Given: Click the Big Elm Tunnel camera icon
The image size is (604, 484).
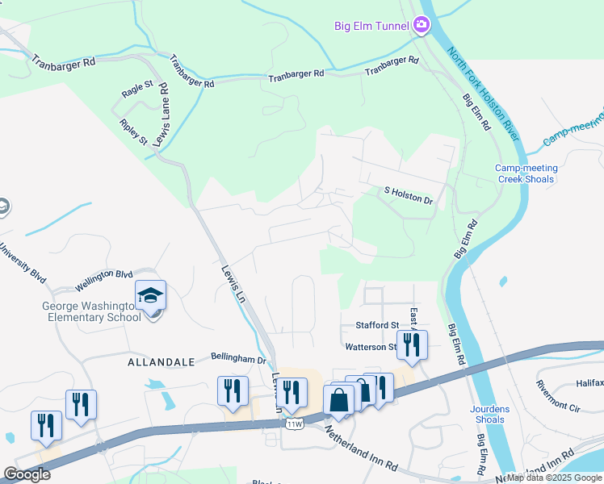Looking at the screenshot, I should pyautogui.click(x=421, y=26).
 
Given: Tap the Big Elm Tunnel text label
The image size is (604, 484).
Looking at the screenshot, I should pyautogui.click(x=372, y=26).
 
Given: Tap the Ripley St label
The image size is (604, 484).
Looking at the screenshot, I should pyautogui.click(x=133, y=132).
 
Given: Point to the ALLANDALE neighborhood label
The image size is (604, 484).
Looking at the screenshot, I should pyautogui.click(x=161, y=363).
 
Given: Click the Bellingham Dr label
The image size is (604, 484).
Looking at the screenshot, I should pyautogui.click(x=238, y=358).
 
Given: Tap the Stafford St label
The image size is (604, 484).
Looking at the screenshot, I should pyautogui.click(x=378, y=325).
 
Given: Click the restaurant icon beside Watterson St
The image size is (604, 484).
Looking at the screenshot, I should pyautogui.click(x=412, y=344).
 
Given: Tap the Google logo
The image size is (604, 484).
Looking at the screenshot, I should pyautogui.click(x=27, y=474).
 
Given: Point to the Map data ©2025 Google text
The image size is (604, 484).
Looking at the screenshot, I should pyautogui.click(x=554, y=478).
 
